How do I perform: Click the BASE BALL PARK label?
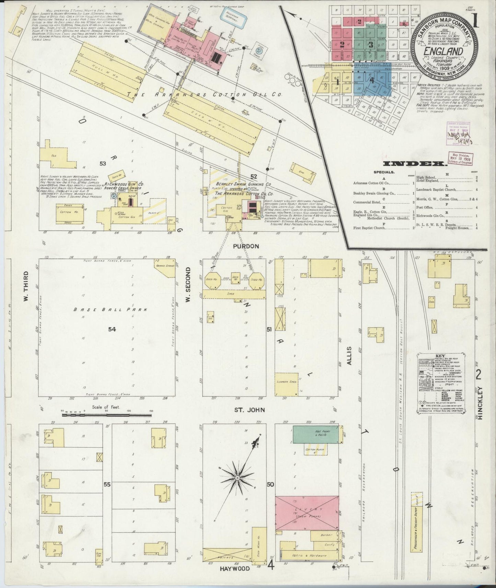coord(111,309)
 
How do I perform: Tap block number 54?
coord(112,329)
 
